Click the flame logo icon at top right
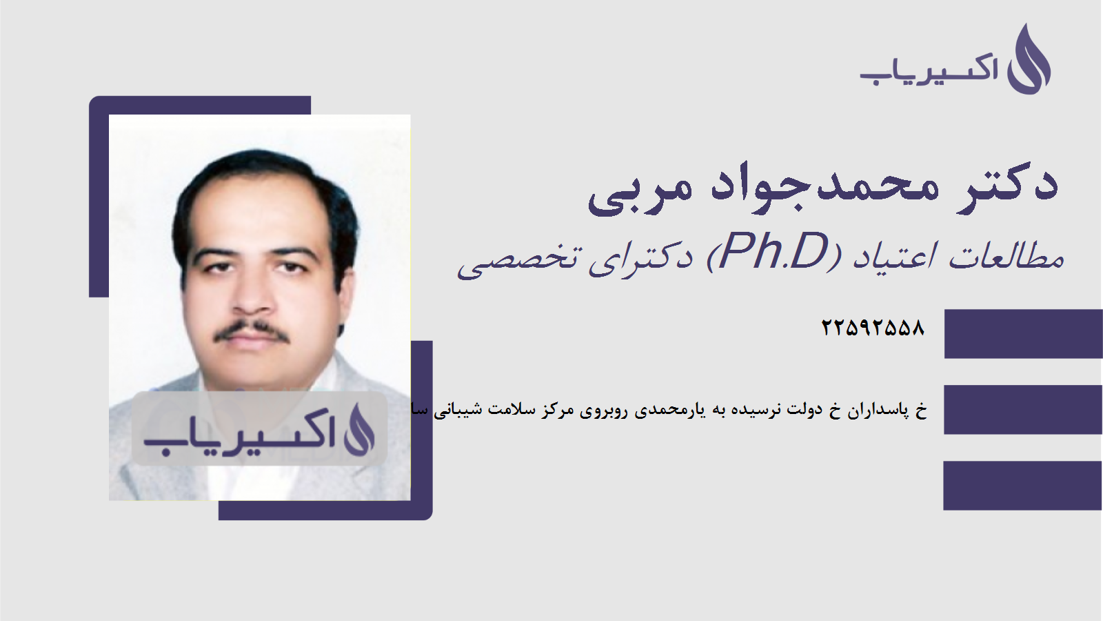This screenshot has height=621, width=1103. [1029, 60]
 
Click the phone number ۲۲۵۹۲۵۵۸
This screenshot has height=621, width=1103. [873, 328]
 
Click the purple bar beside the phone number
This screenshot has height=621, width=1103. [1023, 334]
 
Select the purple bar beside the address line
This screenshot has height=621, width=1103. [1023, 409]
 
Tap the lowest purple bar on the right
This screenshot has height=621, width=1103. [1023, 485]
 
